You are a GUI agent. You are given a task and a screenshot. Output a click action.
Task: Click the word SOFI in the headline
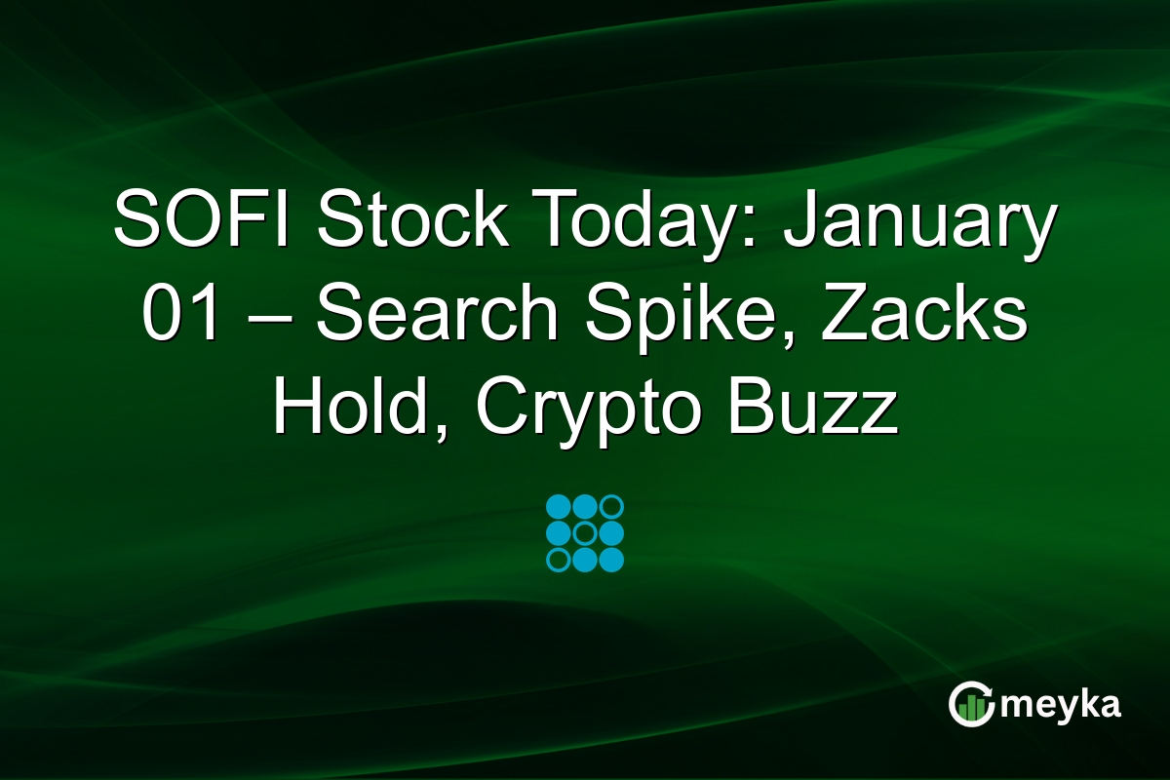coord(201,218)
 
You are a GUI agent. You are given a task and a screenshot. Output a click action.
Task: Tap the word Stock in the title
coord(412,218)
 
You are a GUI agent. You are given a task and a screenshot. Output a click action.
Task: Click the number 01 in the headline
coord(179,312)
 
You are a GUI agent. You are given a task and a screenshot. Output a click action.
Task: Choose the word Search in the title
coord(437,311)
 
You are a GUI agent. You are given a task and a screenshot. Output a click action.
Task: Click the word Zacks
coord(924,311)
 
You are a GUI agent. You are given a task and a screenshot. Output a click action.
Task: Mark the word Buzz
coord(813,406)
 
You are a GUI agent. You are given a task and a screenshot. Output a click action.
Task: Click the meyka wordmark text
coord(1061,705)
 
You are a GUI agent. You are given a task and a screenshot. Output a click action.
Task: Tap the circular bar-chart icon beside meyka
coord(971,704)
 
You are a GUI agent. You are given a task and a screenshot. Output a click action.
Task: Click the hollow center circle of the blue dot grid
coord(585,533)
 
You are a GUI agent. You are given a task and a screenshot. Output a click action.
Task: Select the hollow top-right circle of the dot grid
coord(611,507)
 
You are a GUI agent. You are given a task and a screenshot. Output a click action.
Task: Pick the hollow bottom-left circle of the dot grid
coord(559,560)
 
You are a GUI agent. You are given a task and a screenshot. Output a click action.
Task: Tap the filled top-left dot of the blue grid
coord(559,507)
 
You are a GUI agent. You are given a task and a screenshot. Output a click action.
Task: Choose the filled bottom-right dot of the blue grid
coord(611,560)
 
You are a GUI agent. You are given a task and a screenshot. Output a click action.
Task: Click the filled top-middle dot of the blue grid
coord(585,507)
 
